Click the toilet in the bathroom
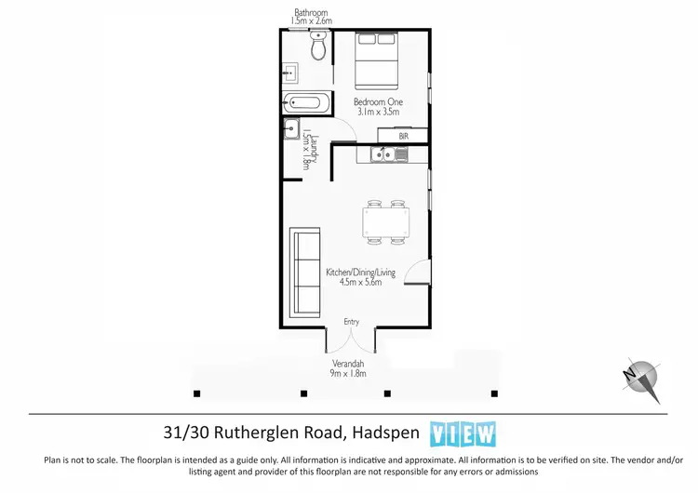pyautogui.click(x=319, y=47)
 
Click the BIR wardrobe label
pyautogui.click(x=403, y=136)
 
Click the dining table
pyautogui.click(x=384, y=222)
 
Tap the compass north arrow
pyautogui.click(x=640, y=377)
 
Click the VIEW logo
pyautogui.click(x=463, y=433)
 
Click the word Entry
pyautogui.click(x=351, y=322)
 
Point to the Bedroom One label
pyautogui.click(x=376, y=101)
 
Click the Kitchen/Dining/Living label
pyautogui.click(x=360, y=273)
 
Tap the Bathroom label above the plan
pyautogui.click(x=310, y=12)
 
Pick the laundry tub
pyautogui.click(x=291, y=130)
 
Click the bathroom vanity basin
pyautogui.click(x=290, y=71)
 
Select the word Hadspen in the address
pyautogui.click(x=383, y=433)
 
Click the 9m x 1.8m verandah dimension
pyautogui.click(x=349, y=374)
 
